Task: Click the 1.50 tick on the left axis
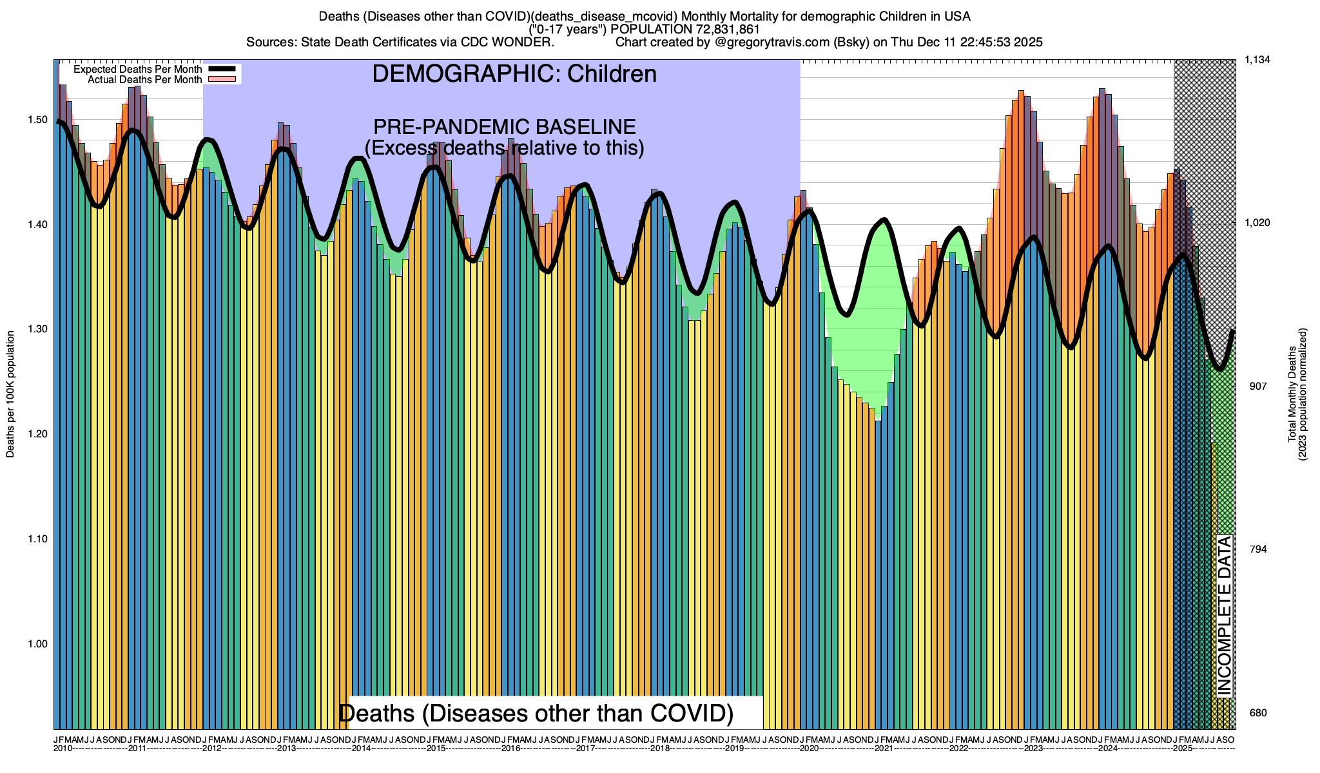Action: pyautogui.click(x=38, y=120)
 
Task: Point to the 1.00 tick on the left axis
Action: pyautogui.click(x=38, y=644)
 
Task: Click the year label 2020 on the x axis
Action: pyautogui.click(x=809, y=749)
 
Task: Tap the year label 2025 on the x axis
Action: pyautogui.click(x=1182, y=749)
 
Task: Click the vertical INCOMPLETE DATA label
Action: pyautogui.click(x=1224, y=616)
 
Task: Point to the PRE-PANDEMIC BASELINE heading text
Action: pyautogui.click(x=505, y=127)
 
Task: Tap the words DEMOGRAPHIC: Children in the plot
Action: pyautogui.click(x=514, y=74)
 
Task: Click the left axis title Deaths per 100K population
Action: pyautogui.click(x=10, y=394)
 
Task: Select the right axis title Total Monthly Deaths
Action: pyautogui.click(x=1292, y=394)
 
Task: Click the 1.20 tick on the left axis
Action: pyautogui.click(x=38, y=434)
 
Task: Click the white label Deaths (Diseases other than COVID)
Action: pyautogui.click(x=536, y=713)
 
